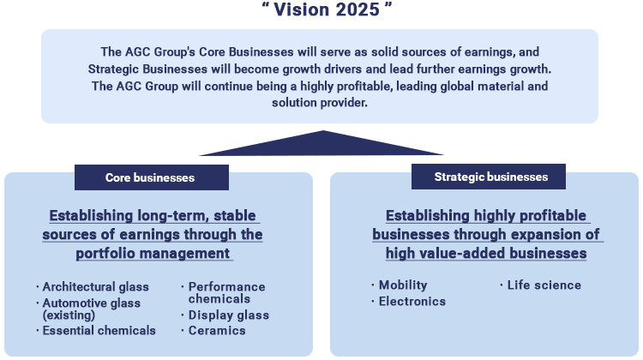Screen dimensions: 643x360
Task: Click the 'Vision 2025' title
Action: tap(327, 9)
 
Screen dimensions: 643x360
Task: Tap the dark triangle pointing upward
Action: tap(321, 143)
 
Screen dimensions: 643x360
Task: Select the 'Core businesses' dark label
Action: tap(152, 177)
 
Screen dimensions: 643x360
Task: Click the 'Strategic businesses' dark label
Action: tap(489, 177)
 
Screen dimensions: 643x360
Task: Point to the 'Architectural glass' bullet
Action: tap(95, 286)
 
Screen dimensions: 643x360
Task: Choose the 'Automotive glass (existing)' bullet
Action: tap(92, 309)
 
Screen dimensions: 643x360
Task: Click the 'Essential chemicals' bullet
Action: tap(99, 331)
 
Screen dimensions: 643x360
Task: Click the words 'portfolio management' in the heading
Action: tap(153, 254)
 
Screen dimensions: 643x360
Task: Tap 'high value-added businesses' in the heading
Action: tap(486, 254)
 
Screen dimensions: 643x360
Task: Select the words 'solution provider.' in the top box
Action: tap(320, 103)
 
